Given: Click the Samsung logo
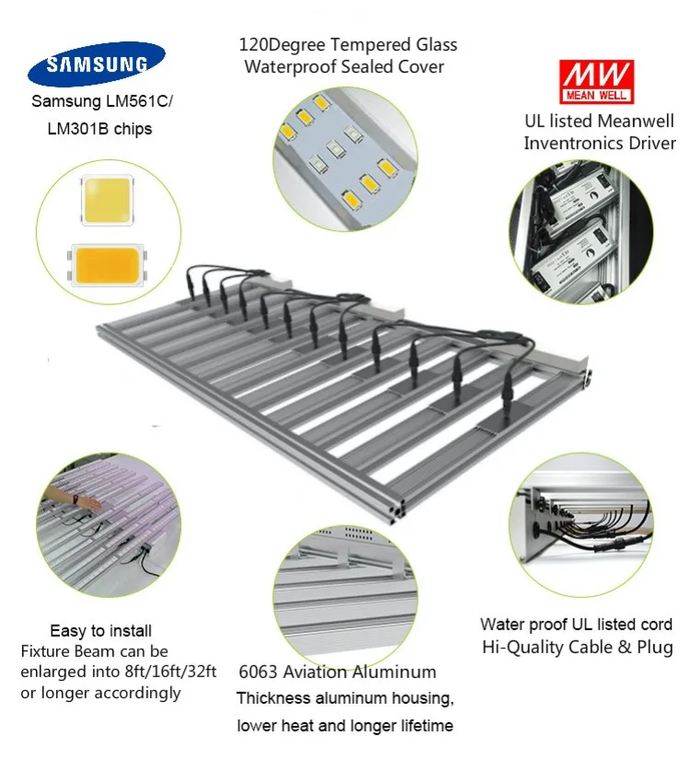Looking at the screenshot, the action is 97,64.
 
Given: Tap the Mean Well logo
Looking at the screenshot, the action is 596,82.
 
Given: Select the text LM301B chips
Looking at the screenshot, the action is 99,129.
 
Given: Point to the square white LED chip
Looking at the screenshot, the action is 109,201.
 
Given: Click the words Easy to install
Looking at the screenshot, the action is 101,631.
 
